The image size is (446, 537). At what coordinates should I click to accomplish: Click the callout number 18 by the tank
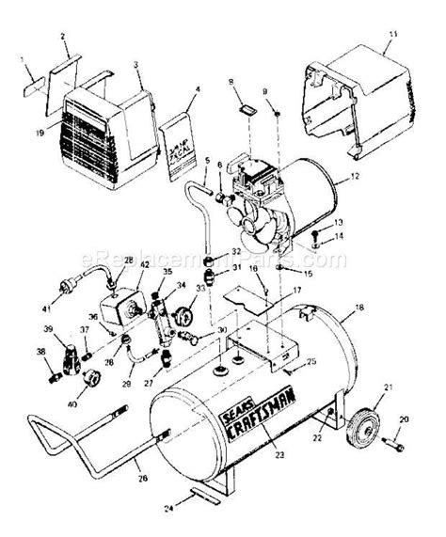coord(359,308)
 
